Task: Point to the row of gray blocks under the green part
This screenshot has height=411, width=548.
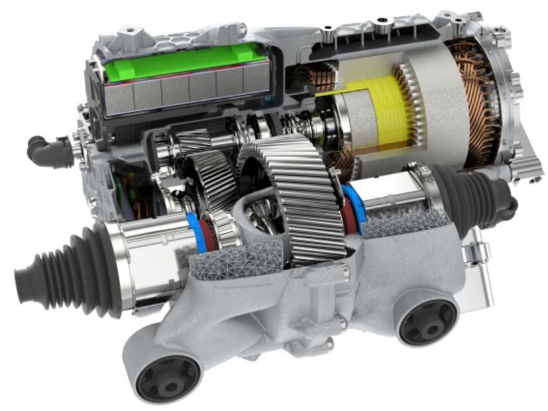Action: [179, 93]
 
